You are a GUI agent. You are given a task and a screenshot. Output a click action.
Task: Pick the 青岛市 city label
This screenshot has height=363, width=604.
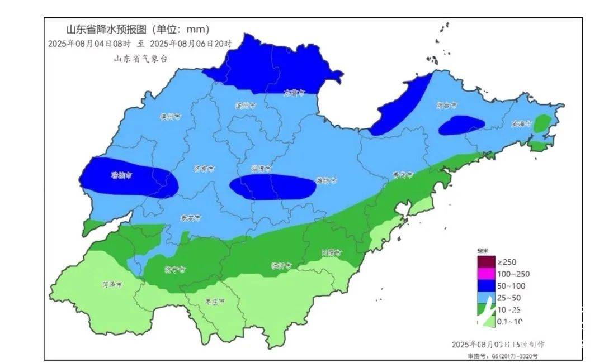(x=402, y=175)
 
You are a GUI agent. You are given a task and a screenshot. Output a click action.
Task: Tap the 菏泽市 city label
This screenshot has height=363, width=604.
(x=112, y=284)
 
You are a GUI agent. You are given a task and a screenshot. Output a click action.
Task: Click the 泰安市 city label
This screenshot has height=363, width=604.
(x=191, y=218)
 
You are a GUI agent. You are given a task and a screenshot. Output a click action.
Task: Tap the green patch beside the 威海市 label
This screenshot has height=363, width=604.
(x=541, y=123)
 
